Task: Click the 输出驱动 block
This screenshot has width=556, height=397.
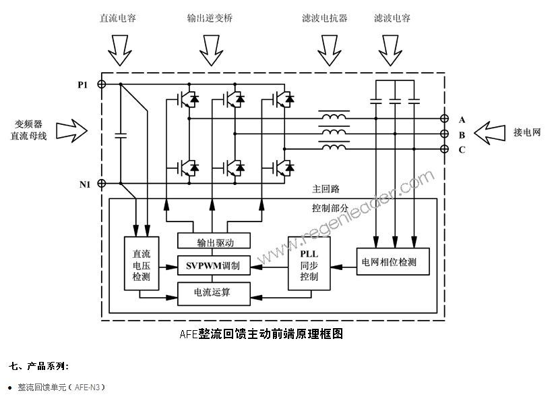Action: point(214,242)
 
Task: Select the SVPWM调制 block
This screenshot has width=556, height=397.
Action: point(214,266)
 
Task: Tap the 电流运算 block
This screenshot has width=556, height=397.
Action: point(214,292)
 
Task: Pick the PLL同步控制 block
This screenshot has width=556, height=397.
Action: point(309,263)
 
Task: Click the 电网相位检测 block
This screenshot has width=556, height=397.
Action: point(394,261)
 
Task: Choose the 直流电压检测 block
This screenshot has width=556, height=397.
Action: point(141,263)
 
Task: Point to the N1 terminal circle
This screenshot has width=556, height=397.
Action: point(102,183)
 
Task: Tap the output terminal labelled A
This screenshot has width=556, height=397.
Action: point(444,120)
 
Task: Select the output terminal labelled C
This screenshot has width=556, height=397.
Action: point(444,149)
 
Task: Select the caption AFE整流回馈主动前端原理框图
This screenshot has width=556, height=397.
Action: point(261,334)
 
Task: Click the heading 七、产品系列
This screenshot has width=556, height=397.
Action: point(39,366)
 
